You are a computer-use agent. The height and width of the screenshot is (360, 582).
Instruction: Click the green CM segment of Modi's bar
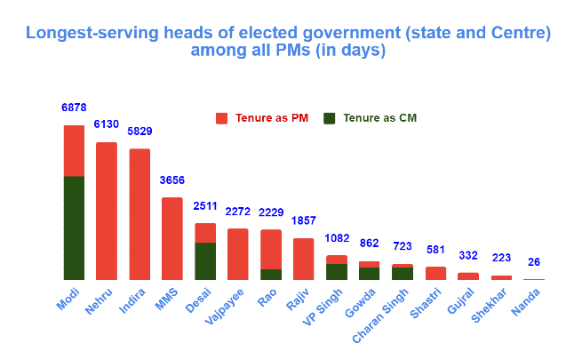74,228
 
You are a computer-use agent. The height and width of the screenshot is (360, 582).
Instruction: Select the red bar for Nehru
107,211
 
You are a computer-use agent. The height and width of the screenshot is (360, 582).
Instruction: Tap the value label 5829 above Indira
140,132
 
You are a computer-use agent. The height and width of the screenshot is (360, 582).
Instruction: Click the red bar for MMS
172,238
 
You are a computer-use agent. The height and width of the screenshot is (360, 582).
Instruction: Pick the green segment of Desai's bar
205,261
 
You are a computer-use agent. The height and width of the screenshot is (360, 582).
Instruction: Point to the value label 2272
237,212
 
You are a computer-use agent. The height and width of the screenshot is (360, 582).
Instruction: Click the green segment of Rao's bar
271,275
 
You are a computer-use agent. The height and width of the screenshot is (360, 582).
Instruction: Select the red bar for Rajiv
304,259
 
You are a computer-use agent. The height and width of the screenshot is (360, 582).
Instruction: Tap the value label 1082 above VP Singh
336,238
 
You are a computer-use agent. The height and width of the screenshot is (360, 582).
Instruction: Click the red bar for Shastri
435,273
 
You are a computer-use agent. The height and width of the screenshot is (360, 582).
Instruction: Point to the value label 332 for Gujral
468,256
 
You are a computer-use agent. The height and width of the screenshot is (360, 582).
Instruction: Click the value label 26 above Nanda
534,262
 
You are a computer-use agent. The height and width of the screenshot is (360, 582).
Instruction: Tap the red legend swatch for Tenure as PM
222,118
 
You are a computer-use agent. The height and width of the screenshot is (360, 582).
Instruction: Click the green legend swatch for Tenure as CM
330,118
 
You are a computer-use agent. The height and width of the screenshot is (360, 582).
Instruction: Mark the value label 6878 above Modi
74,108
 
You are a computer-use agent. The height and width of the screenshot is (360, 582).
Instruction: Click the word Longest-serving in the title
97,34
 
